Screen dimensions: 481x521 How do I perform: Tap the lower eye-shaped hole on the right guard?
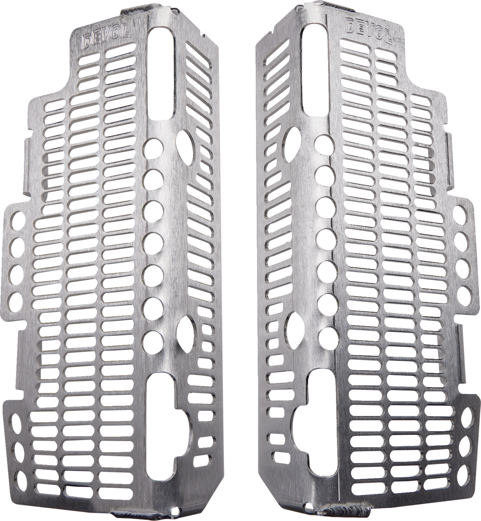(295, 331)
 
